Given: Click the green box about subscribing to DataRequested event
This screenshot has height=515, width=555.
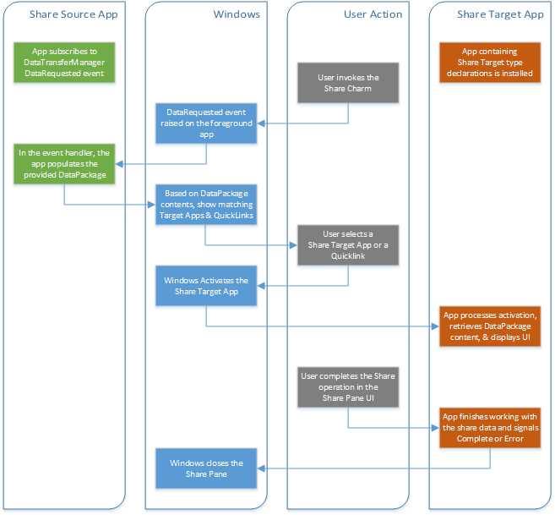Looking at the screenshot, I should (x=63, y=63).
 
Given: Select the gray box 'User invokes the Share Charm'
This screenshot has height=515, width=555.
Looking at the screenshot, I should (x=348, y=83).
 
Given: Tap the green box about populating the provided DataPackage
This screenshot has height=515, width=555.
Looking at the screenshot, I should (x=63, y=163).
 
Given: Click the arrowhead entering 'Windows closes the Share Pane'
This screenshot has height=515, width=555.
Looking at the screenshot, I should (x=261, y=468).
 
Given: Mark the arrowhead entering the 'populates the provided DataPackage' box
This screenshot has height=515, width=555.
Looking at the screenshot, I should (x=116, y=163).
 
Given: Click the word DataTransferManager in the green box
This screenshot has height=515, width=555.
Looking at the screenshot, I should (x=63, y=63).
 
